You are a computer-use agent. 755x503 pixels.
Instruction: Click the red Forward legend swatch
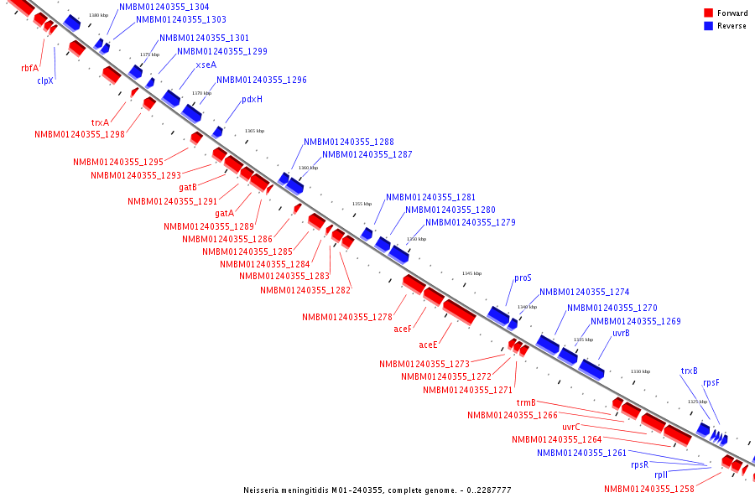(709, 13)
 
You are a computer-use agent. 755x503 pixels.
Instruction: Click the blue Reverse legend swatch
(709, 26)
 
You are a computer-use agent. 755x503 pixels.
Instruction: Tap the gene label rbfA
(30, 68)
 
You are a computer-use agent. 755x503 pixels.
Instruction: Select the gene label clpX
(45, 81)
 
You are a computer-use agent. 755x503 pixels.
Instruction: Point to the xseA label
(206, 65)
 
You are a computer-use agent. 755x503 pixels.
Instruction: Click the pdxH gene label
(252, 99)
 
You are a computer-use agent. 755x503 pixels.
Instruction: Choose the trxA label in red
(101, 122)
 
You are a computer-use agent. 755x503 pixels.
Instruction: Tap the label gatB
(188, 188)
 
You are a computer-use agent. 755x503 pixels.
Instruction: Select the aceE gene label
(428, 345)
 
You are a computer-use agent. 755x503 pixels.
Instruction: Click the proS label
(523, 278)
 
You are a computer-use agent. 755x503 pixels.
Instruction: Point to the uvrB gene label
(621, 334)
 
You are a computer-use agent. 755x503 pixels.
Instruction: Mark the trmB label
(526, 402)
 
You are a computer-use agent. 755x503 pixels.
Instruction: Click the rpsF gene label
(711, 383)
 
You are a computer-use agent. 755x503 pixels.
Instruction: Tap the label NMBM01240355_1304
(164, 7)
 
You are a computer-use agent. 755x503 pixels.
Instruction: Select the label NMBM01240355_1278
(347, 317)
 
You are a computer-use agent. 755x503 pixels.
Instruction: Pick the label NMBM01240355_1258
(649, 490)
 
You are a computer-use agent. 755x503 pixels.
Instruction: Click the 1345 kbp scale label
(472, 273)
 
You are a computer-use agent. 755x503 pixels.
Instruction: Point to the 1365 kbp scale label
(254, 131)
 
